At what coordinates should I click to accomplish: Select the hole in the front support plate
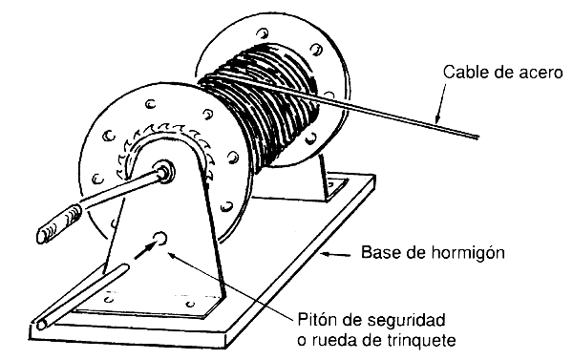tap(161, 236)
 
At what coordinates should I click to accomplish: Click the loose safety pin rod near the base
tap(76, 296)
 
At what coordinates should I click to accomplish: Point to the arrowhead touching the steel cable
tap(436, 118)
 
